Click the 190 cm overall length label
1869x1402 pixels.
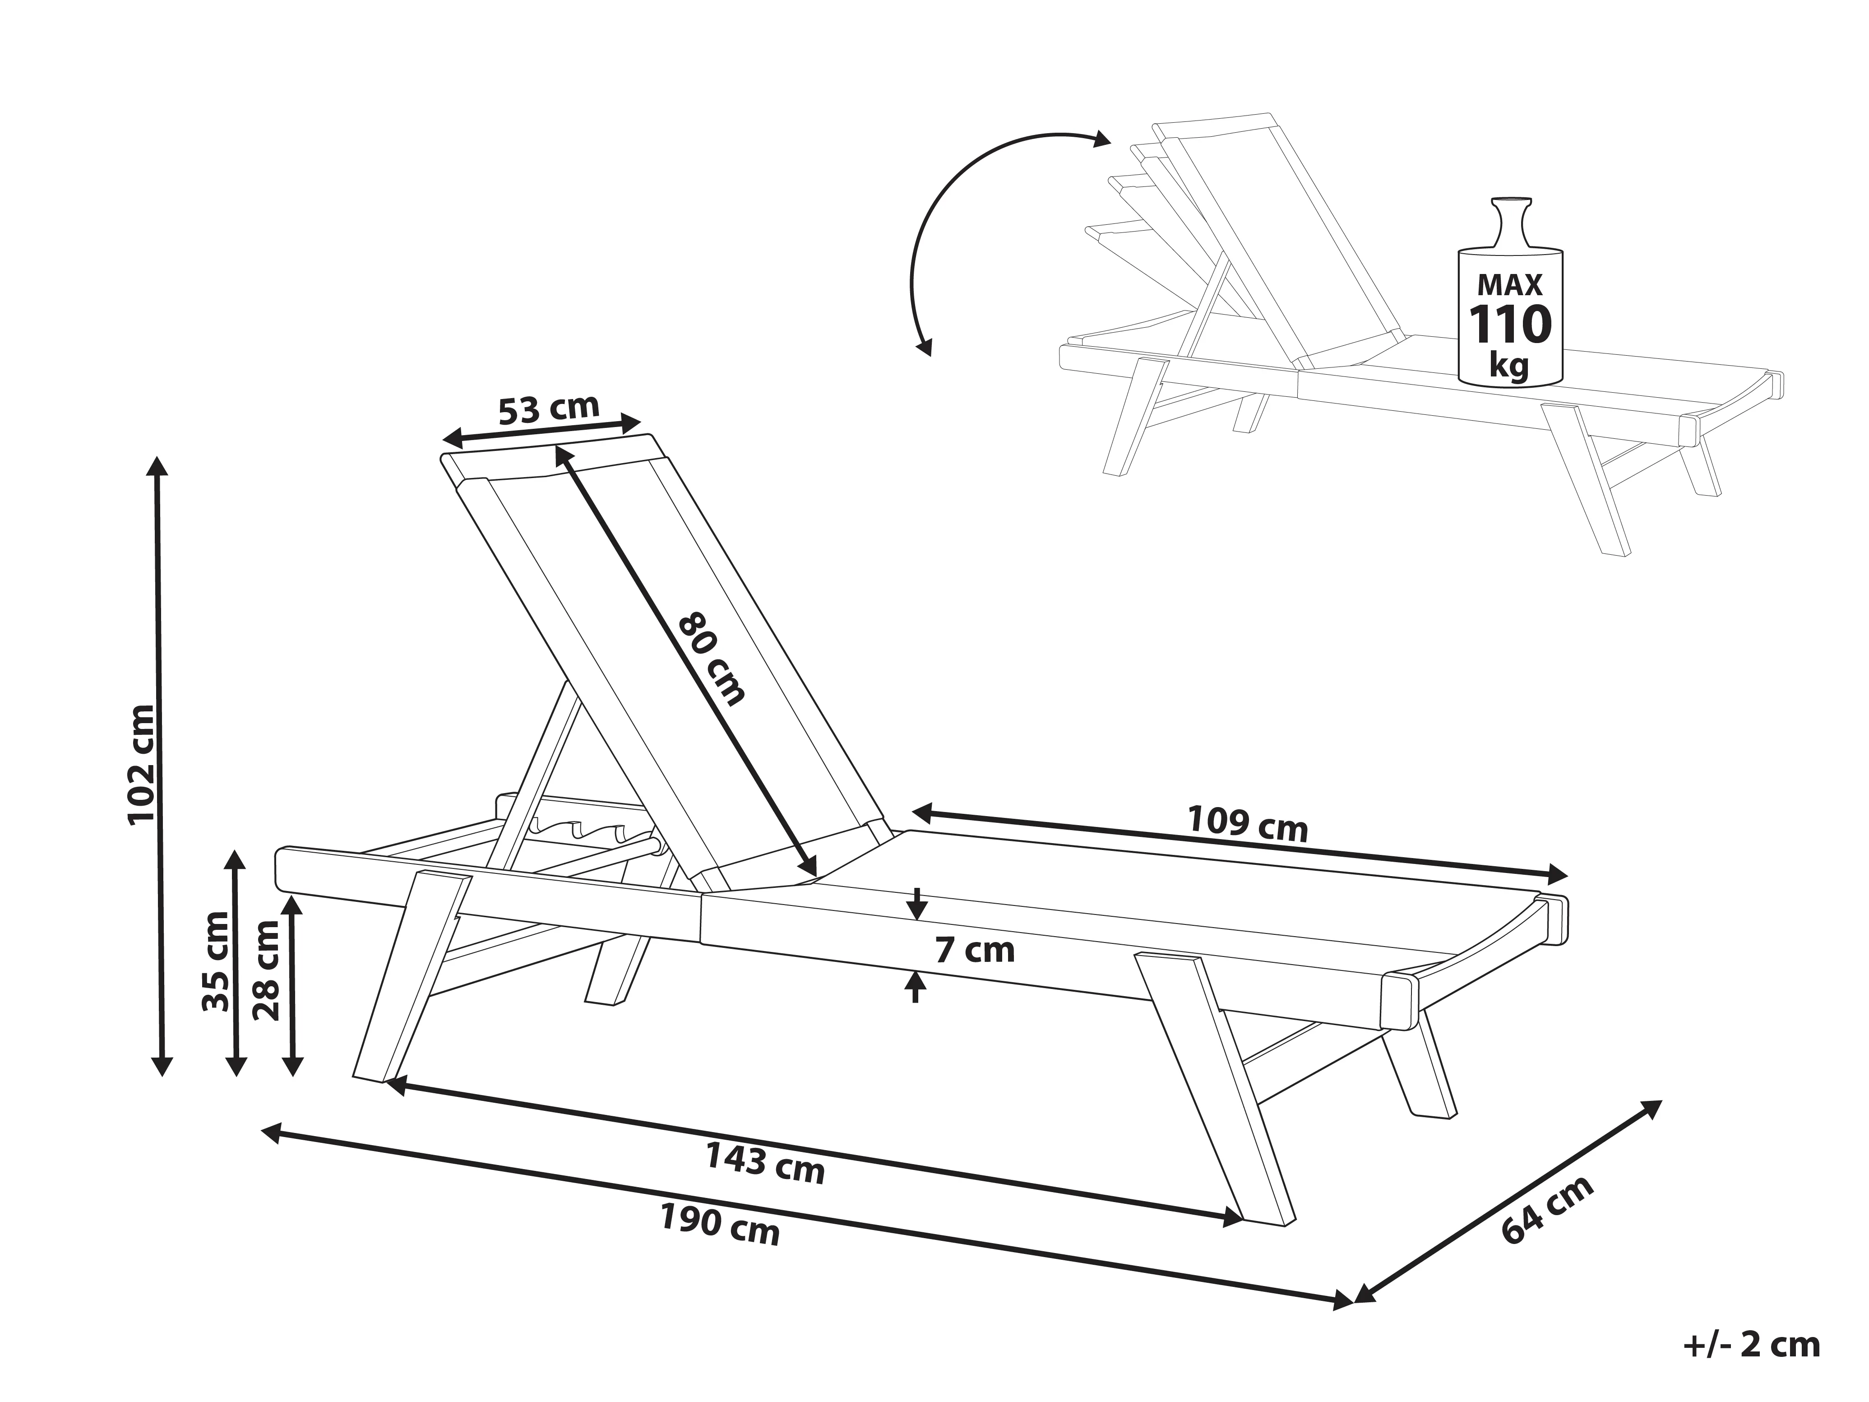720,1226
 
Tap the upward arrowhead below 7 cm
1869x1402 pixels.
915,982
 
